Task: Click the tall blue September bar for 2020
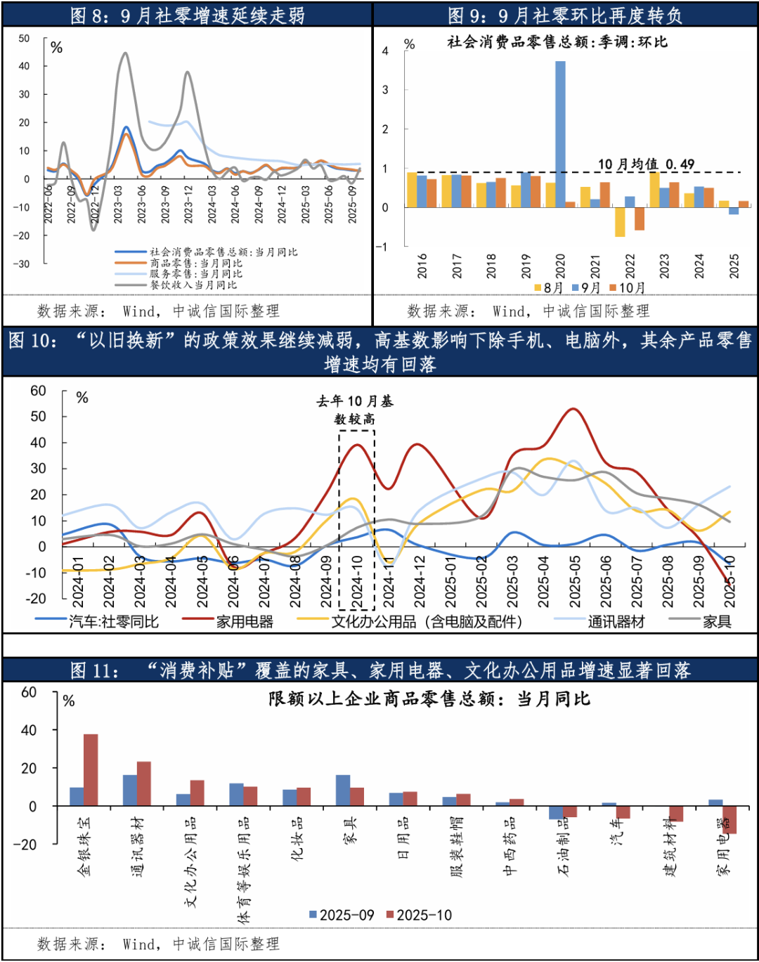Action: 560,134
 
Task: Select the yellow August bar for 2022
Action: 619,222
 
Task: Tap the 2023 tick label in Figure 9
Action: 664,266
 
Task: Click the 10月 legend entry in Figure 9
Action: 628,287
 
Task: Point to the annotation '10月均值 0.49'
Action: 646,164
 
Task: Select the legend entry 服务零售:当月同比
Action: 195,273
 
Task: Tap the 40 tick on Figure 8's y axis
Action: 25,66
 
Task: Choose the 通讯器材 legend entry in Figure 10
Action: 615,621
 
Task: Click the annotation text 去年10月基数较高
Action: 355,410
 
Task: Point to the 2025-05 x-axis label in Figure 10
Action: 575,582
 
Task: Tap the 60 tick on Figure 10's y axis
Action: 38,391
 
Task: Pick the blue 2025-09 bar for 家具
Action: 342,790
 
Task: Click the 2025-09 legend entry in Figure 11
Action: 342,915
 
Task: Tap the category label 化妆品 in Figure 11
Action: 297,838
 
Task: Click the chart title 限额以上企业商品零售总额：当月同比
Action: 429,699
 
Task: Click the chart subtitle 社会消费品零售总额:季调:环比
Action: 557,42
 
